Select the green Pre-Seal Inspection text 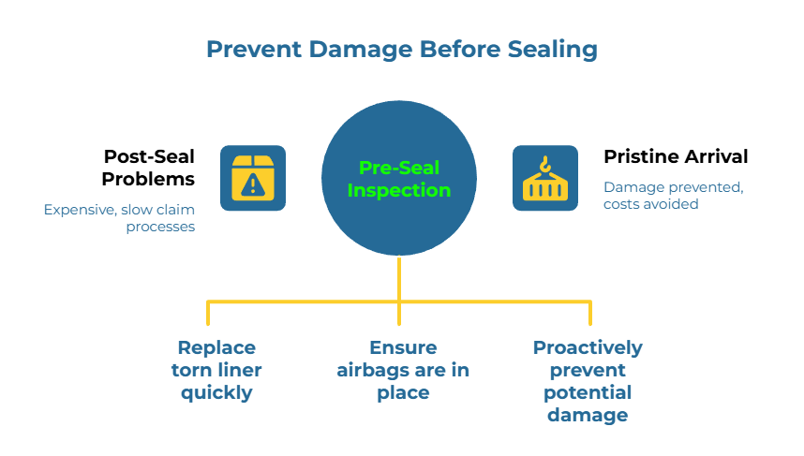click(x=399, y=179)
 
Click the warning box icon click(x=253, y=178)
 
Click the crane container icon click(x=544, y=178)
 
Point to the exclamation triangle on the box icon click(x=252, y=184)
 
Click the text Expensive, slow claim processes click(x=120, y=218)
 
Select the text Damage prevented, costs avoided click(x=673, y=195)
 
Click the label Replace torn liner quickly click(x=216, y=370)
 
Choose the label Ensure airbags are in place click(x=403, y=370)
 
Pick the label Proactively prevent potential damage click(x=588, y=381)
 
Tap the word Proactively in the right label click(x=588, y=347)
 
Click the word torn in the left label click(x=190, y=370)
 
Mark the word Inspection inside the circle click(x=399, y=190)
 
